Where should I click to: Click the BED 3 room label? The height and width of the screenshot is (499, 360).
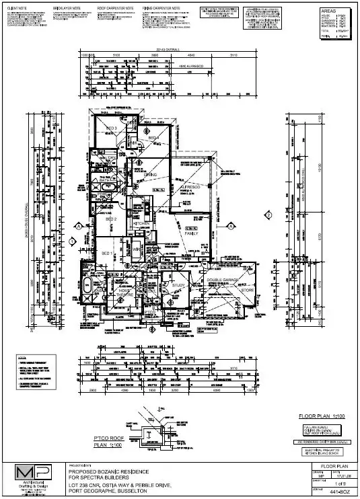pos(112,128)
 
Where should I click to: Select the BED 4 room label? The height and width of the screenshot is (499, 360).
pos(153,137)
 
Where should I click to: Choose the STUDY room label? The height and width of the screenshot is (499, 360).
pos(178,285)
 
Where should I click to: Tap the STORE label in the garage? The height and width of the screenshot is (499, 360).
pos(249,291)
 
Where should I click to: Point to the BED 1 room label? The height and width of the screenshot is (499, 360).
pos(107,252)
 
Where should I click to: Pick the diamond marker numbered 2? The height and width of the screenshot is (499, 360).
pos(268,215)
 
